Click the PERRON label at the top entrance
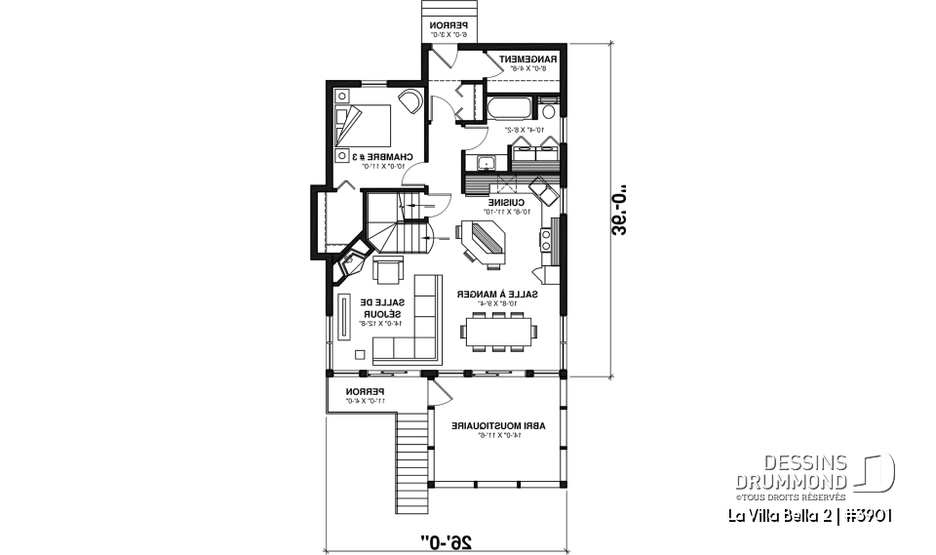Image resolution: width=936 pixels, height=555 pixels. pyautogui.click(x=448, y=26)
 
